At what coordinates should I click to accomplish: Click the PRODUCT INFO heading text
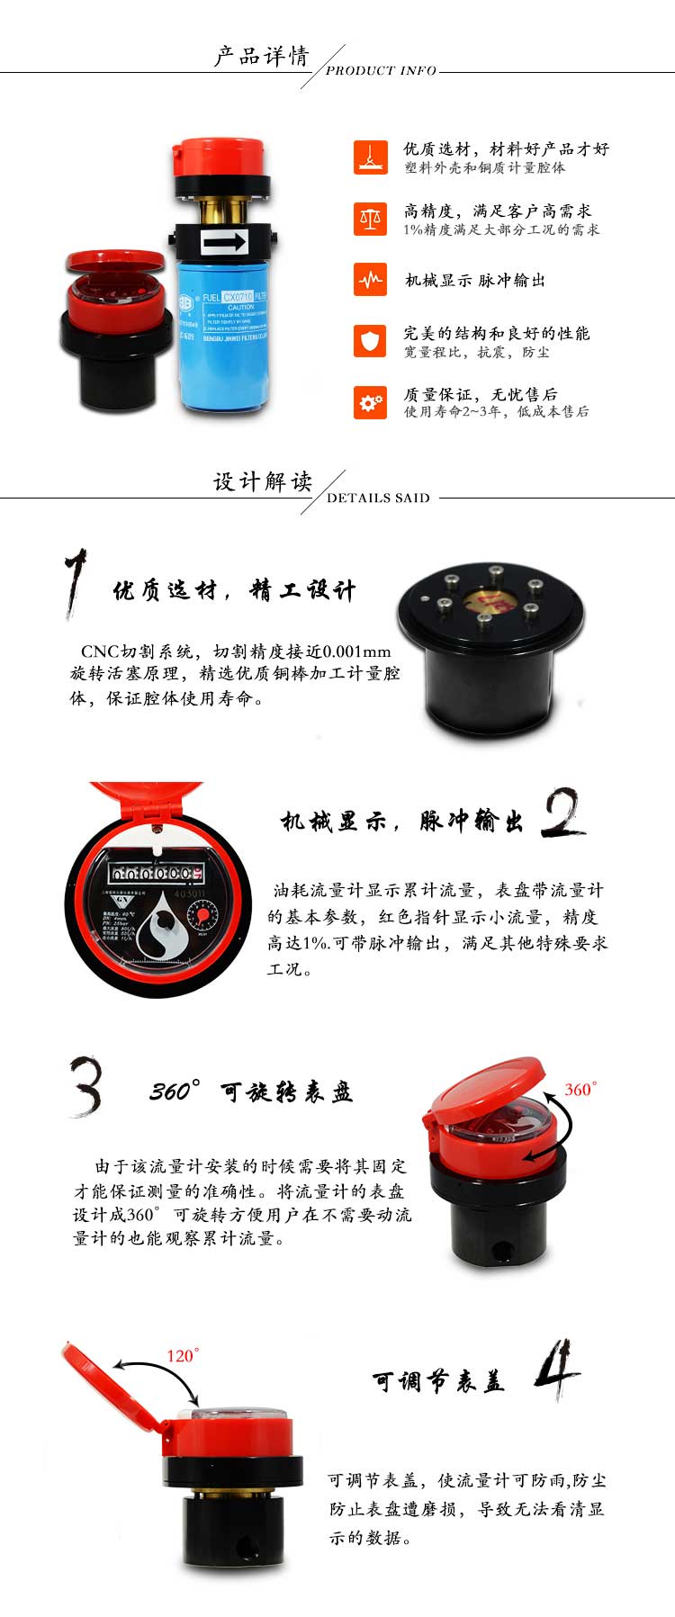tap(381, 70)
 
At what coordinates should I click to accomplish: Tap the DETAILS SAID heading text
tap(378, 498)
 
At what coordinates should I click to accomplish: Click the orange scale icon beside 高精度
tap(370, 218)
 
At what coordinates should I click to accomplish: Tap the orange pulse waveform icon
tap(370, 280)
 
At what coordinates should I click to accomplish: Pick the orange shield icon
tap(370, 341)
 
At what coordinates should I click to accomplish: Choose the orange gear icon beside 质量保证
tap(370, 402)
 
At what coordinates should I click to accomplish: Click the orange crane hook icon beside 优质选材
tap(370, 157)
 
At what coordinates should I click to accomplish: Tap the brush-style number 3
tap(86, 1086)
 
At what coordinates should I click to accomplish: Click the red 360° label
tap(580, 1090)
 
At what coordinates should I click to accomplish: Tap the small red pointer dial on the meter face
tap(202, 917)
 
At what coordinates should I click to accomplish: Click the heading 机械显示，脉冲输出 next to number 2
tap(401, 822)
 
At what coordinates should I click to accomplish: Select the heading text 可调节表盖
tap(438, 1381)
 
